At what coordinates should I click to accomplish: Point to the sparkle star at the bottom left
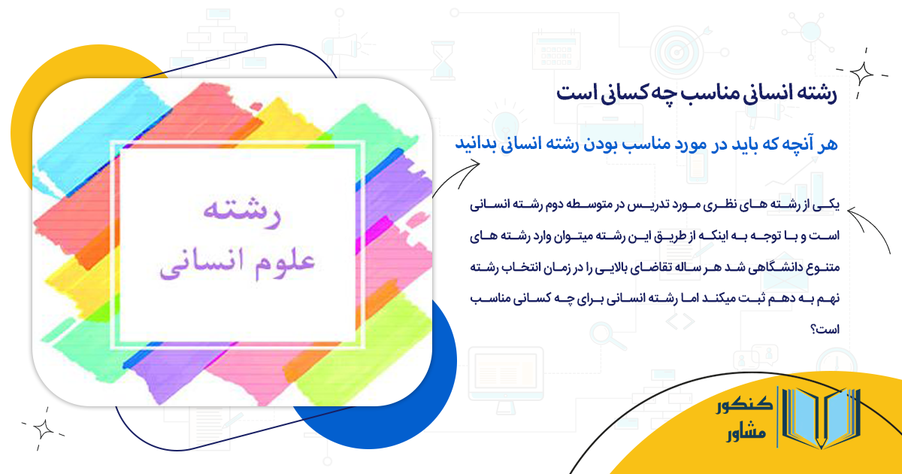(44, 428)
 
